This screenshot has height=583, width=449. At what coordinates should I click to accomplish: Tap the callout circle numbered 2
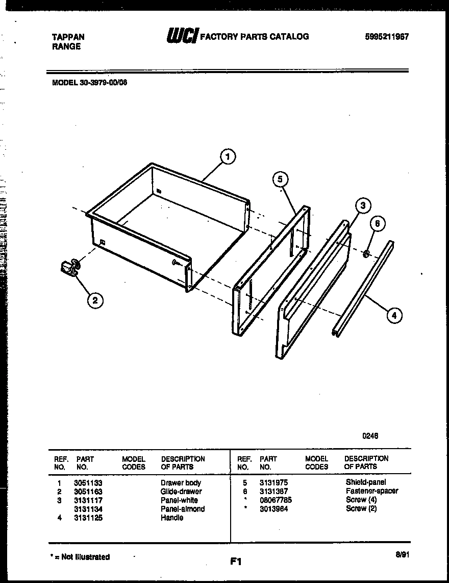[94, 301]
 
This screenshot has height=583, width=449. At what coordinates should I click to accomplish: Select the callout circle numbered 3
[362, 206]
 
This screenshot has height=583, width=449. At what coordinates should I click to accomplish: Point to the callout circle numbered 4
[393, 315]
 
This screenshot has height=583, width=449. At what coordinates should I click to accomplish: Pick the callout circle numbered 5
[280, 179]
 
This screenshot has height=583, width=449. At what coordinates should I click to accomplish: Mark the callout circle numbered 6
[377, 223]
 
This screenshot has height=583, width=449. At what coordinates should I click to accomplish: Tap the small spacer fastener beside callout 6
[366, 252]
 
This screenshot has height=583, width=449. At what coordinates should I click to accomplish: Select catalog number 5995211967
[387, 37]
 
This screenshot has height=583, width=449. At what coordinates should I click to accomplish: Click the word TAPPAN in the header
[68, 37]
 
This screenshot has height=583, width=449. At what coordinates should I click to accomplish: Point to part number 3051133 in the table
[88, 483]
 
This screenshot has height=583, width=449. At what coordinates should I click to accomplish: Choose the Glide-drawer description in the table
[181, 492]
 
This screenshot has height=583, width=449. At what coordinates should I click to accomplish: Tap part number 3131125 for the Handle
[88, 518]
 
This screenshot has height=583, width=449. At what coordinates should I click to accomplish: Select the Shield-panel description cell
[366, 482]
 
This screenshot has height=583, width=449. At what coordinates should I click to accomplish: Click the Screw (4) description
[361, 500]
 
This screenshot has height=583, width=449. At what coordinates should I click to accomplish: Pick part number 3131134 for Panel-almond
[88, 509]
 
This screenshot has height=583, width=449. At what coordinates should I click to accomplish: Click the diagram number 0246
[370, 436]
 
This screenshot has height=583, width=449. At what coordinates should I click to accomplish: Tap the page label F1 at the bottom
[235, 562]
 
